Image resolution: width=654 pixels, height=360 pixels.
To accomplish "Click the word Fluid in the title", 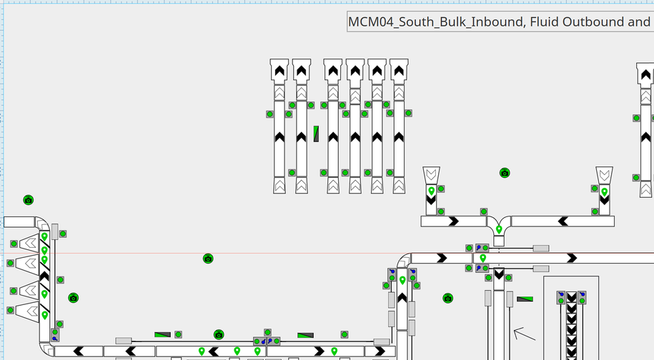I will pyautogui.click(x=543, y=21).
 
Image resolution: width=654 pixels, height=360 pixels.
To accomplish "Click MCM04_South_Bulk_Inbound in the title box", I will pyautogui.click(x=435, y=21).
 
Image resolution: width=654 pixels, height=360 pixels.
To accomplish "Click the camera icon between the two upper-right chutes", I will pyautogui.click(x=505, y=173).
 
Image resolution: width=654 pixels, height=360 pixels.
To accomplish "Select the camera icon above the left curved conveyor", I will pyautogui.click(x=29, y=200).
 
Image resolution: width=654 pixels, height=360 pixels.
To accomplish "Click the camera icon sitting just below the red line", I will pyautogui.click(x=208, y=258).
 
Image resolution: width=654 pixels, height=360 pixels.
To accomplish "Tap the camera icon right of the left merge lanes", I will pyautogui.click(x=73, y=298).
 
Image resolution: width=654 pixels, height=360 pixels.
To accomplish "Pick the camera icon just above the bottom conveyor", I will pyautogui.click(x=219, y=334).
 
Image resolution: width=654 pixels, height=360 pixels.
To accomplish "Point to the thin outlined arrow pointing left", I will pyautogui.click(x=524, y=333).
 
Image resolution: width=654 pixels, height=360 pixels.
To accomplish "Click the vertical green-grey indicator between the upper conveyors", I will pyautogui.click(x=316, y=134).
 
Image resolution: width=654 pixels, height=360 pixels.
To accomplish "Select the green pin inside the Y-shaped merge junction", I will pyautogui.click(x=499, y=229).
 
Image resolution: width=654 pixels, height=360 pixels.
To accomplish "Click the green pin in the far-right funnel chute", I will pyautogui.click(x=604, y=191).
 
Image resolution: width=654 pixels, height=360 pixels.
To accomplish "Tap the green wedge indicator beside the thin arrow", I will pyautogui.click(x=525, y=299).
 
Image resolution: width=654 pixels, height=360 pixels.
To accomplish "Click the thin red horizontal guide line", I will pyautogui.click(x=214, y=253).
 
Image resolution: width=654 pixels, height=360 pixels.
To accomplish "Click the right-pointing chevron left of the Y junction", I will pyautogui.click(x=452, y=221).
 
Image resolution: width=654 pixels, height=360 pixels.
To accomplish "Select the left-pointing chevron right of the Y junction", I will pyautogui.click(x=563, y=221).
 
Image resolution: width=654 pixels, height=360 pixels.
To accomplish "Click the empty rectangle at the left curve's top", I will pyautogui.click(x=19, y=222).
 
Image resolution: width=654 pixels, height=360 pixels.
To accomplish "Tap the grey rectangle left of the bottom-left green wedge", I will pyautogui.click(x=124, y=341).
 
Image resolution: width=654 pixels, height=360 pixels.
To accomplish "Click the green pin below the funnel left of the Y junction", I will pyautogui.click(x=431, y=191).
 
